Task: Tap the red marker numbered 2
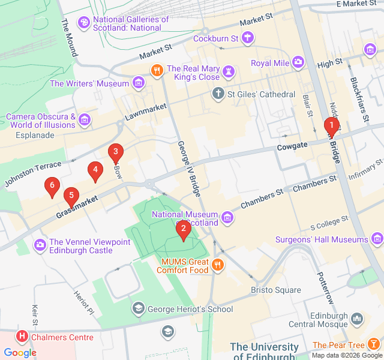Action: pyautogui.click(x=183, y=229)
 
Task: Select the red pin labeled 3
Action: pyautogui.click(x=115, y=152)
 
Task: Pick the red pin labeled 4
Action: pyautogui.click(x=94, y=170)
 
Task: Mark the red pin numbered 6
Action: pyautogui.click(x=52, y=187)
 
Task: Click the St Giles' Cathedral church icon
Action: pyautogui.click(x=218, y=94)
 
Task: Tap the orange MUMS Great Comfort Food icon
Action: pyautogui.click(x=218, y=263)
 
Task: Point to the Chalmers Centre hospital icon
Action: pyautogui.click(x=22, y=337)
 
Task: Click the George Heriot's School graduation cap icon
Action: pyautogui.click(x=139, y=308)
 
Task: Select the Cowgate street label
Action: pyautogui.click(x=292, y=146)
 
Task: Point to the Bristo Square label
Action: pyautogui.click(x=275, y=290)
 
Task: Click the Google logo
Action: pyautogui.click(x=20, y=353)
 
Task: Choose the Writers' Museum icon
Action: pyautogui.click(x=139, y=83)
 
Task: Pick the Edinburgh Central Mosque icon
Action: pyautogui.click(x=357, y=318)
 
